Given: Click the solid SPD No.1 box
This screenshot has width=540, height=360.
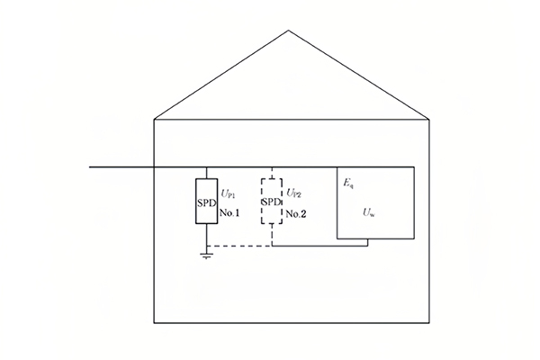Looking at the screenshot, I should coord(207,201).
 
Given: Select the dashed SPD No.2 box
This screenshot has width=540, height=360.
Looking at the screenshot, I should coord(272,201).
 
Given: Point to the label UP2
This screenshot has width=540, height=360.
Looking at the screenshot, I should coord(293,193).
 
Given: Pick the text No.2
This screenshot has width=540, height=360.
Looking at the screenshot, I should coord(296,212).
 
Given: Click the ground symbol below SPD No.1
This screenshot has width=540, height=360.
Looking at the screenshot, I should coord(207,257).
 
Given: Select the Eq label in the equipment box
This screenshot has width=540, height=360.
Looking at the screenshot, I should coord(347,183).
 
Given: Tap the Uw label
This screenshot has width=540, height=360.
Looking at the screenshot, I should coord(369,212).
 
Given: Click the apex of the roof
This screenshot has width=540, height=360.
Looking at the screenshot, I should coord(289,31).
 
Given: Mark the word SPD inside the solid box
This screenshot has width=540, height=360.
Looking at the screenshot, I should coord(207,201).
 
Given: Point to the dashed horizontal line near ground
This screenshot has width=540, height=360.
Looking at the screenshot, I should coord(238,246).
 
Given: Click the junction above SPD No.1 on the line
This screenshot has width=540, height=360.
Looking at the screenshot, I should coord(207,167).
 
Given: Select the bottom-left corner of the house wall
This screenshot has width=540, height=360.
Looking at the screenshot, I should coord(156,322).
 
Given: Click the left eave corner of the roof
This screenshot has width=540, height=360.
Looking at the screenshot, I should coord(156,118).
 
